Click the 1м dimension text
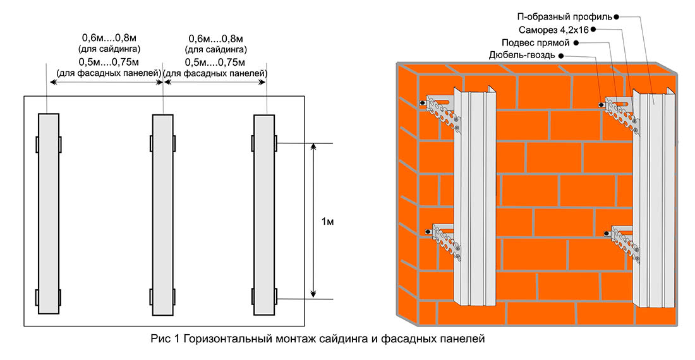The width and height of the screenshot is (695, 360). point(327,222)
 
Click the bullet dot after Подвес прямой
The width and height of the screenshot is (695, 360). point(576,43)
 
